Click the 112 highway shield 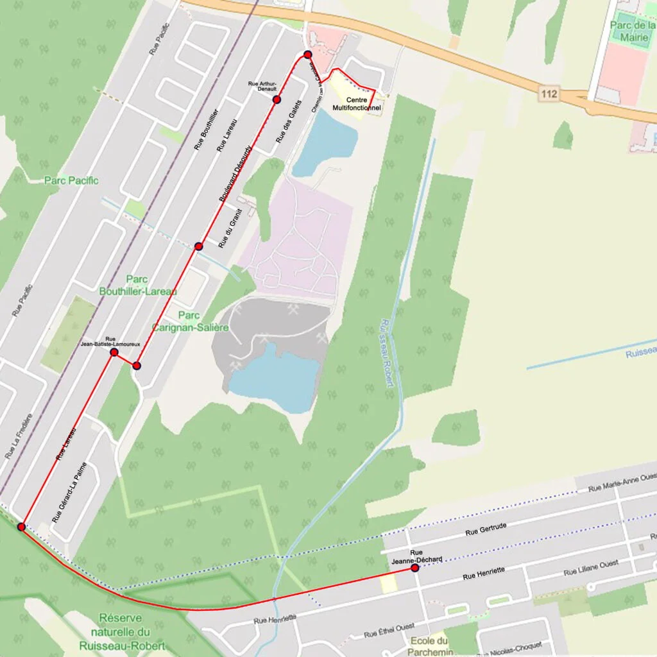549,95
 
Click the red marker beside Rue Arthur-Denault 277,99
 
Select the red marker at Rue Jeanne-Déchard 415,568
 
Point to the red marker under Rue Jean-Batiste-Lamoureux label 114,352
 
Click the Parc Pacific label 71,180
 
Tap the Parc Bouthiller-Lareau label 137,285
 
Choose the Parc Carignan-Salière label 189,321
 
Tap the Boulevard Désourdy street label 235,174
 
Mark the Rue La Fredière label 19,436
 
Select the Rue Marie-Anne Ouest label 622,482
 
